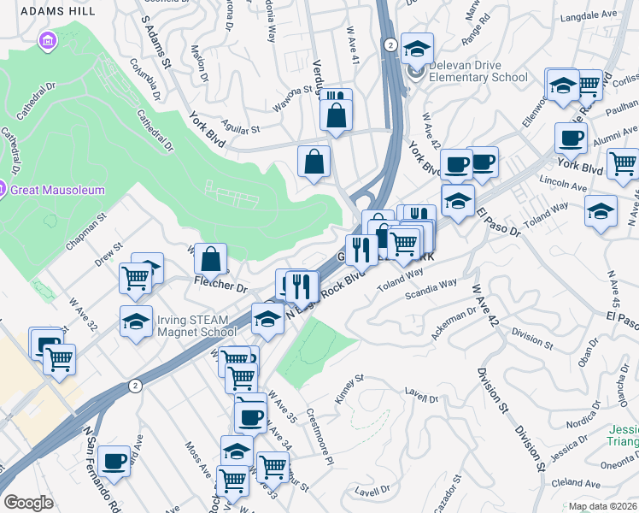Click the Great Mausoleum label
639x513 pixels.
(x=56, y=190)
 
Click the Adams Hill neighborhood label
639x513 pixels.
(x=47, y=11)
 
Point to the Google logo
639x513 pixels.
(x=27, y=502)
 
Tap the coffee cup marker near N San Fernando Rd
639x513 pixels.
(x=114, y=463)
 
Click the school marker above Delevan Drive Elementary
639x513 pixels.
(x=417, y=50)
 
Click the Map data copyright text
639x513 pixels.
(x=602, y=506)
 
